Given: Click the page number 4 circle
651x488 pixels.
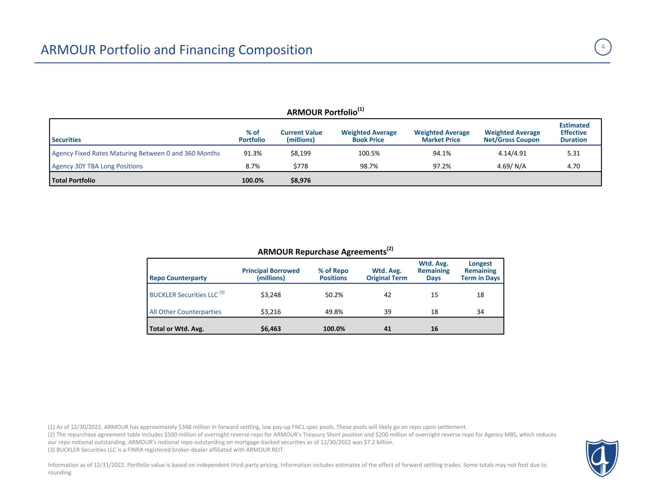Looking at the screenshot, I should (603, 47).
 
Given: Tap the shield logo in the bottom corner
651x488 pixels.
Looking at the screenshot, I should (602, 457).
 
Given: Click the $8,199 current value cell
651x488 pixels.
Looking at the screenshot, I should (301, 153).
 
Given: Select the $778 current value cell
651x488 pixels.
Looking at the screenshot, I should (301, 166).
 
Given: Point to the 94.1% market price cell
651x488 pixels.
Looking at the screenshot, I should (442, 153).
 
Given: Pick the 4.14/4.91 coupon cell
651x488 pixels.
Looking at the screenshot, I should (512, 153).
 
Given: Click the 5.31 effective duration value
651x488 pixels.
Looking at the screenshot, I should (573, 153).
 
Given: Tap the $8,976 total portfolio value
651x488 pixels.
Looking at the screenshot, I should (300, 181).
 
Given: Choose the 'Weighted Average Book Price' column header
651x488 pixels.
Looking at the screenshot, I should (369, 136).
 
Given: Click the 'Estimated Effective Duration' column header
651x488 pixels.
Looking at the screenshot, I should (574, 132).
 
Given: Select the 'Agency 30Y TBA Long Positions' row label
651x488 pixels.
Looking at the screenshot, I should (97, 166).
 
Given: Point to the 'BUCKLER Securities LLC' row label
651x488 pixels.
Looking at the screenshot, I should (184, 295).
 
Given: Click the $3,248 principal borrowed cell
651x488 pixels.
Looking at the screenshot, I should (271, 295).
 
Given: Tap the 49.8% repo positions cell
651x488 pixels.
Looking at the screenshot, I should (333, 312).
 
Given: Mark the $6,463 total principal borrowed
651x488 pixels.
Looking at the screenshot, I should (271, 328).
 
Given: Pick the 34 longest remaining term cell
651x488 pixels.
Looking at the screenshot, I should (480, 312).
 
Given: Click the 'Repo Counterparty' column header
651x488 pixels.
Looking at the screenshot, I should (178, 278).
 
